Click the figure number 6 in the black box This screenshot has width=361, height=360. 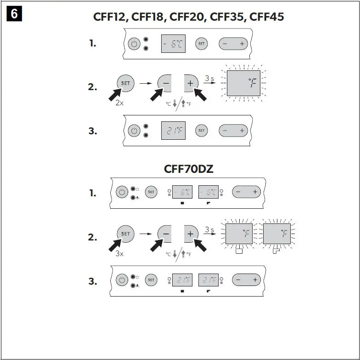(14, 14)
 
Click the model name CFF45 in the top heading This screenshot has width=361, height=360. (267, 17)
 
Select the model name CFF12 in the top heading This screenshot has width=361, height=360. (110, 17)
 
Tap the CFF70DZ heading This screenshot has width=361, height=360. (188, 169)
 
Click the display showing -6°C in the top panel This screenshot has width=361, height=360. (173, 44)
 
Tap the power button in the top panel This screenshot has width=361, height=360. (134, 44)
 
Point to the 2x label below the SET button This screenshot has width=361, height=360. (119, 103)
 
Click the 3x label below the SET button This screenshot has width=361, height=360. (119, 253)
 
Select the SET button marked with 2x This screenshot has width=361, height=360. (125, 84)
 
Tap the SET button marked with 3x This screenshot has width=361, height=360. (125, 234)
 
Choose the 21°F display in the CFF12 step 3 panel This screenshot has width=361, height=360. (173, 131)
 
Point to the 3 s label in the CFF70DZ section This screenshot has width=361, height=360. (209, 229)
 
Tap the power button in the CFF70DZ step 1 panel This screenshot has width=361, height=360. (122, 193)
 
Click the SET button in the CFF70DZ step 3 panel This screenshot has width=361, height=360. (151, 279)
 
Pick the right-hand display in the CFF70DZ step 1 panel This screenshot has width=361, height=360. (209, 192)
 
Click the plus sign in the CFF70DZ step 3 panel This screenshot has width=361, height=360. (254, 280)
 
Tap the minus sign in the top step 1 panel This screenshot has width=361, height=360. (225, 44)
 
